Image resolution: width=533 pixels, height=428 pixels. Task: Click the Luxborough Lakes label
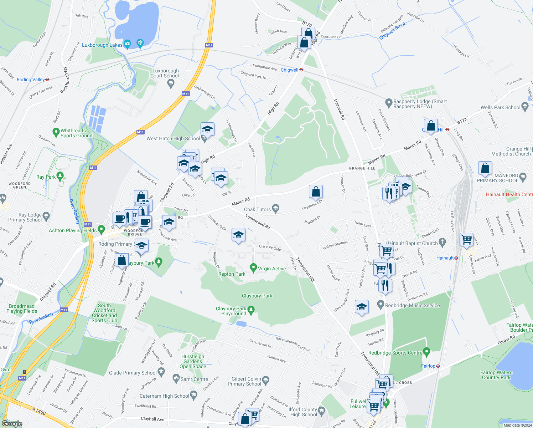point(102,45)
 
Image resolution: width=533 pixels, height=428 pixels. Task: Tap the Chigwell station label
point(289,70)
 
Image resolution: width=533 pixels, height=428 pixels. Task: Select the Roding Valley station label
point(31,80)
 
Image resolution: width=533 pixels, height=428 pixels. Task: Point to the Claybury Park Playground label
point(231,311)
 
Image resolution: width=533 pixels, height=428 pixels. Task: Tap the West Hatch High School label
point(173,138)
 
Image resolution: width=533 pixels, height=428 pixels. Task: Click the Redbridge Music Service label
point(412,305)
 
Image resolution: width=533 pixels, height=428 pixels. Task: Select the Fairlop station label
point(428,366)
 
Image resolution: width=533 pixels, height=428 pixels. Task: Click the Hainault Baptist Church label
point(412,243)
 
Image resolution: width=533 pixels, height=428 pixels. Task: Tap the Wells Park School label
point(500,107)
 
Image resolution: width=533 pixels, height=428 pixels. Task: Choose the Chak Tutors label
point(257,209)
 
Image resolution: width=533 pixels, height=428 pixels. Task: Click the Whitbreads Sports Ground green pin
point(56,132)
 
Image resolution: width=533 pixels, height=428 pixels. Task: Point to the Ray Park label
point(46,177)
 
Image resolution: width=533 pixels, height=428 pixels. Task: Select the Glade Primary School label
point(133,373)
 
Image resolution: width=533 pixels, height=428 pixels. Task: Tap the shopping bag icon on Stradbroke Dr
point(316,192)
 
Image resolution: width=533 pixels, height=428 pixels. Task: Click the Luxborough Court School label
point(164,73)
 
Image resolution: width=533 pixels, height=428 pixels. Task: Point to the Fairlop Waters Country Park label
point(496,375)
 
